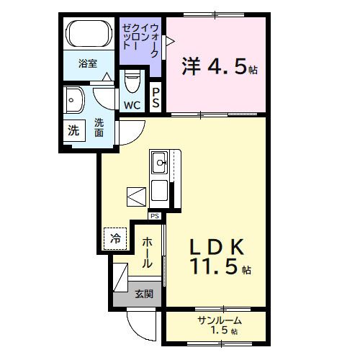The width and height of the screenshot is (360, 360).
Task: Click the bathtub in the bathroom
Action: click(88, 35)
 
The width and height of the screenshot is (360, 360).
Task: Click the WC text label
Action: click(132, 106)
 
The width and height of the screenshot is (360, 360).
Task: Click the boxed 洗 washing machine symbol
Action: click(73, 131)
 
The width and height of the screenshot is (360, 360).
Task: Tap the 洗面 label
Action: click(99, 127)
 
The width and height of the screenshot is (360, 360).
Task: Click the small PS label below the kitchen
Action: click(154, 215)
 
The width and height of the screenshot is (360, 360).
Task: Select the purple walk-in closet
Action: click(141, 43)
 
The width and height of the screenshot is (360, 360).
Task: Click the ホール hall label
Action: click(147, 253)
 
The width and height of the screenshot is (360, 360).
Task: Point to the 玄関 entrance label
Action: click(143, 294)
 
